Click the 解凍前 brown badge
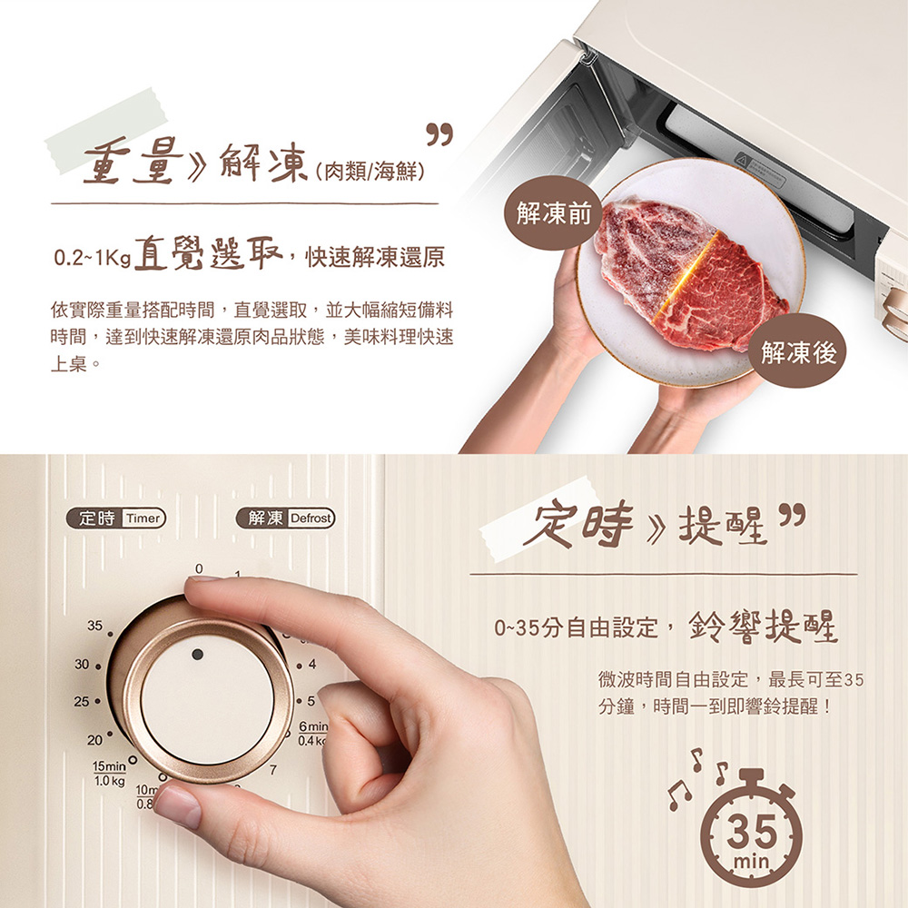click(554, 213)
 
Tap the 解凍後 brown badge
click(798, 350)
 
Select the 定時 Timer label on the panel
click(115, 518)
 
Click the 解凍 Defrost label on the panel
click(286, 518)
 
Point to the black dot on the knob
click(197, 654)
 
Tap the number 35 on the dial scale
click(94, 626)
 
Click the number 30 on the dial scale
click(82, 664)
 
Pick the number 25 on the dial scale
click(82, 701)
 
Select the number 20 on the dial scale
click(94, 740)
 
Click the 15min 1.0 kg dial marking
click(110, 774)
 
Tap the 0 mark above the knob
click(199, 568)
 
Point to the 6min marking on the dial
click(313, 726)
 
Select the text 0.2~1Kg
click(92, 257)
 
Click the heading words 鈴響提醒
click(764, 627)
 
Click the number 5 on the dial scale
click(311, 701)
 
